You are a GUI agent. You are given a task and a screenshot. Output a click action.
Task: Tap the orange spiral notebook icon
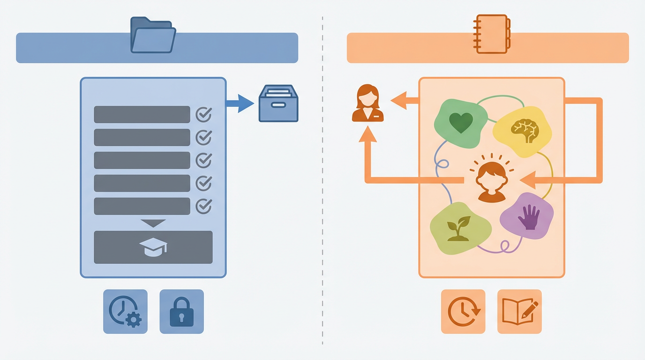[492, 34]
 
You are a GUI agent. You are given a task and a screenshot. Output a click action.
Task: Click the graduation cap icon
[153, 247]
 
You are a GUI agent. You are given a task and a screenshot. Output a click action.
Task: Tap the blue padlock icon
[181, 312]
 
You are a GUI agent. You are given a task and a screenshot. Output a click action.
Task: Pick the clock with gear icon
[125, 312]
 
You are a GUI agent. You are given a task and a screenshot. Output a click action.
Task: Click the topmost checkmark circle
[203, 114]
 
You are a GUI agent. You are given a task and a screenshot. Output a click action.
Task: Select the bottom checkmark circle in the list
[203, 206]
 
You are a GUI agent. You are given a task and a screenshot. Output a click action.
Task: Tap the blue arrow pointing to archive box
[241, 104]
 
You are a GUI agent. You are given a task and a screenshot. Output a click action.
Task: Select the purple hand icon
[529, 217]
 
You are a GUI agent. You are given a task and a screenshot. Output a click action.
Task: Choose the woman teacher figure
[368, 104]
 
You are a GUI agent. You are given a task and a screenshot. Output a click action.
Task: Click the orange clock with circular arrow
[463, 312]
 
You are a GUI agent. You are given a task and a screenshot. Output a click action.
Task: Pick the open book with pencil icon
[519, 312]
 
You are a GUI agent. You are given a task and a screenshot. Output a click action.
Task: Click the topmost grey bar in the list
[142, 114]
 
